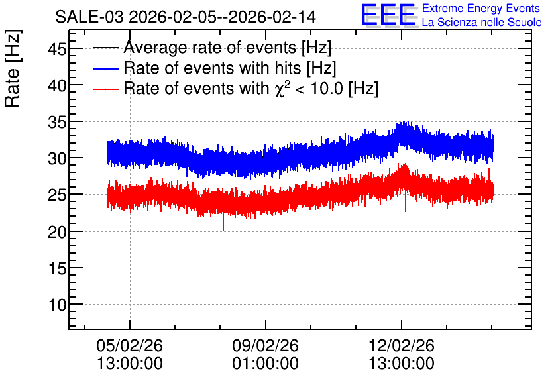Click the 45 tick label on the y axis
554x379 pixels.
pyautogui.click(x=57, y=49)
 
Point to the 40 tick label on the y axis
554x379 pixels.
pyautogui.click(x=57, y=85)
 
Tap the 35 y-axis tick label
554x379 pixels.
pyautogui.click(x=57, y=122)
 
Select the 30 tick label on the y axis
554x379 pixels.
pyautogui.click(x=57, y=158)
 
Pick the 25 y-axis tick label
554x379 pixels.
pyautogui.click(x=57, y=195)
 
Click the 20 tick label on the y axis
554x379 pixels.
pyautogui.click(x=57, y=232)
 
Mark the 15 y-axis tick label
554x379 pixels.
pyautogui.click(x=57, y=269)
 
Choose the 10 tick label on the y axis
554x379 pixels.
pyautogui.click(x=57, y=305)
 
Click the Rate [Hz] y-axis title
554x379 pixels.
pyautogui.click(x=13, y=68)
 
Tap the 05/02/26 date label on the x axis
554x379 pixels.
pyautogui.click(x=129, y=345)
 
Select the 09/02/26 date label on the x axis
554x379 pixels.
pyautogui.click(x=265, y=345)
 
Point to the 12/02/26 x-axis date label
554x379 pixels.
pyautogui.click(x=402, y=345)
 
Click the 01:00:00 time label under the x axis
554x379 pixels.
pyautogui.click(x=265, y=364)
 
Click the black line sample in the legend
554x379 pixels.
pyautogui.click(x=105, y=48)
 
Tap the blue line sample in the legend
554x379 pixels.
pyautogui.click(x=105, y=68)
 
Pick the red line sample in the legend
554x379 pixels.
pyautogui.click(x=105, y=89)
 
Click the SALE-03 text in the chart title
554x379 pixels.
pyautogui.click(x=89, y=17)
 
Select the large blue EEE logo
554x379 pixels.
pyautogui.click(x=388, y=15)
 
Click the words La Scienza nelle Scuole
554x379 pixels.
pyautogui.click(x=482, y=23)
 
